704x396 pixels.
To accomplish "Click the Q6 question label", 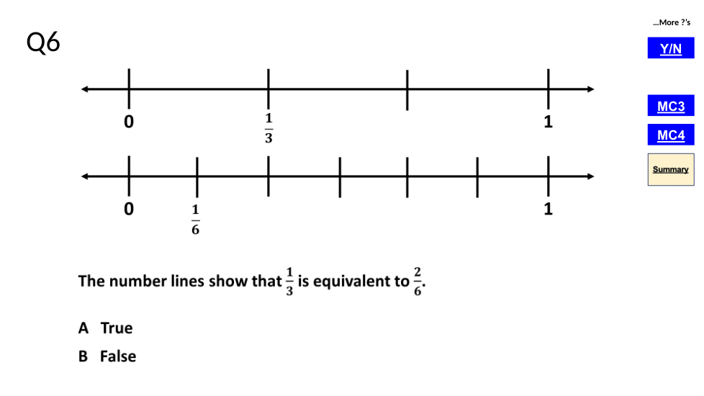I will pos(43,43).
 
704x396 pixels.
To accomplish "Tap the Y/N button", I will pos(670,48).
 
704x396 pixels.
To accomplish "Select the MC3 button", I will pos(670,107).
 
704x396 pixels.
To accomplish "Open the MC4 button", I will pos(670,135).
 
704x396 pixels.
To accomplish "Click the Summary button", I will pos(670,169).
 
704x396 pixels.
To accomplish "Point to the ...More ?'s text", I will pos(671,23).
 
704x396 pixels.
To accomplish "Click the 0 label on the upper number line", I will pos(129,122).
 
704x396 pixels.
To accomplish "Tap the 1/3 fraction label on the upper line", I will pos(268,128).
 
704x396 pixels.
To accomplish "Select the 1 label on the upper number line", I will pos(548,122).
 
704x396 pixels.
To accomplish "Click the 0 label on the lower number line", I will pos(129,210).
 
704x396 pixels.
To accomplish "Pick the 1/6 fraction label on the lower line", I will pos(195,220).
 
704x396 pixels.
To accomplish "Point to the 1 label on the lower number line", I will pos(548,210).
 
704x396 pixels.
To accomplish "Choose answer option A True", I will pos(107,328).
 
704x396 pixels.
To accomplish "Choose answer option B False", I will pos(108,356).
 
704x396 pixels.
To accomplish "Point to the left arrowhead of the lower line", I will pos(86,176).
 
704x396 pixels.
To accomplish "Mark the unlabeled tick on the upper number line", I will pos(407,89).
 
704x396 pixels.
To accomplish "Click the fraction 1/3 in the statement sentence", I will pos(289,281).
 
